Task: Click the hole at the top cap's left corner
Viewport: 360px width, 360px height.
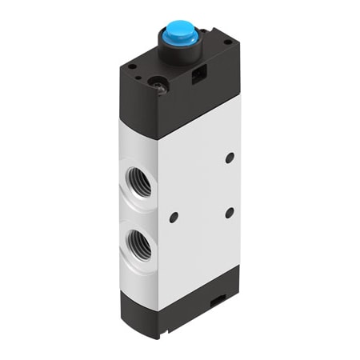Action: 130,66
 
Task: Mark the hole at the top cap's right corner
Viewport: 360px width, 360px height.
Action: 229,42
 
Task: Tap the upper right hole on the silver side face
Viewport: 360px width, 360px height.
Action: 230,158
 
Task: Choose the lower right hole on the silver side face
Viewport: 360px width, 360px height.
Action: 230,212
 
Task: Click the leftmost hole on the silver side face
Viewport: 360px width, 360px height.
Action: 174,216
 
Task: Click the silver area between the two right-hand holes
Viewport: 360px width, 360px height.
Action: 230,185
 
